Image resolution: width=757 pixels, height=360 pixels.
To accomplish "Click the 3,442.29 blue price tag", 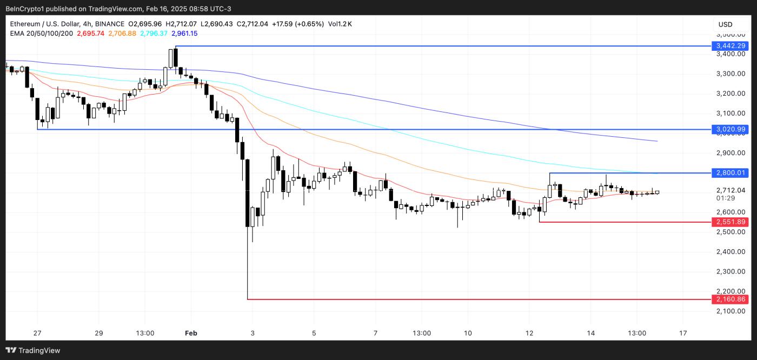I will (x=731, y=46).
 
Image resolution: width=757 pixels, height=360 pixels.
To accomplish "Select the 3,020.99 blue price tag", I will (x=731, y=129).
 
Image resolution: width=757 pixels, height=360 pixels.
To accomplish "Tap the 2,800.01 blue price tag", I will (x=731, y=173).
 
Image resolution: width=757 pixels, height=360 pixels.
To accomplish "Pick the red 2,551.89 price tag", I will (x=731, y=222).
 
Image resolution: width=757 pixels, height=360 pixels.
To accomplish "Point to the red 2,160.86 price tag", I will (x=731, y=299).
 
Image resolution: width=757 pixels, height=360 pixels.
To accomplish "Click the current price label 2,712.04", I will (x=731, y=190).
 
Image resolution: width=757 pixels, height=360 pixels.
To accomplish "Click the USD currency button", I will (x=725, y=24).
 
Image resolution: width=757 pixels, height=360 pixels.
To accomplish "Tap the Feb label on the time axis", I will (x=191, y=333).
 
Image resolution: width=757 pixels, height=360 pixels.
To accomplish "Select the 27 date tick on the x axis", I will (x=37, y=333).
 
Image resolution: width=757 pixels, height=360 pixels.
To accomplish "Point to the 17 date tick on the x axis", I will (x=683, y=333).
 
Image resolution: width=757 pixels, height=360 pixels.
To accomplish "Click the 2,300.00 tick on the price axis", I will (x=731, y=271).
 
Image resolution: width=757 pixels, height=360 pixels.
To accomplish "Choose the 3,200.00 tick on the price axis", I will (x=731, y=94).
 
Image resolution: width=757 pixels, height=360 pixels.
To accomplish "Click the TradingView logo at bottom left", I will (x=34, y=350).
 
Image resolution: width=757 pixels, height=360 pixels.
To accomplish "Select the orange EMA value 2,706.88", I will (x=122, y=34).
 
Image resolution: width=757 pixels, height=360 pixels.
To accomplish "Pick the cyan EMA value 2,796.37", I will (x=154, y=34).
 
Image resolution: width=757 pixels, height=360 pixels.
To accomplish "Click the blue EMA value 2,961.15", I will (x=184, y=34).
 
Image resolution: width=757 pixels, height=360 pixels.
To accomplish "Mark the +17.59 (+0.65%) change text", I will (x=297, y=24).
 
